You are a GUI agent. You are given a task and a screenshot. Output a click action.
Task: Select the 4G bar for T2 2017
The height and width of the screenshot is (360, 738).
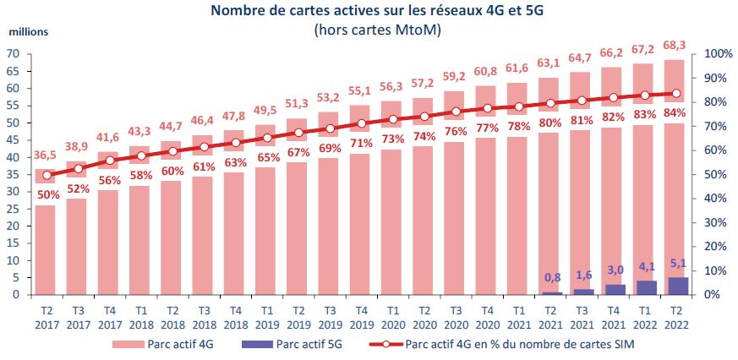pyautogui.click(x=45, y=245)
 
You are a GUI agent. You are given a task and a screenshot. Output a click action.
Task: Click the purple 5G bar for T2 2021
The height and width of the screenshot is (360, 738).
pyautogui.click(x=551, y=292)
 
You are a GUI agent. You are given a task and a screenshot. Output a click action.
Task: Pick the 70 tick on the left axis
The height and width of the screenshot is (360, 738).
pyautogui.click(x=14, y=53)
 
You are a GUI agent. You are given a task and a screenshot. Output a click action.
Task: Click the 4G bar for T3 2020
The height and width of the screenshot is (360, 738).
pyautogui.click(x=456, y=220)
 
